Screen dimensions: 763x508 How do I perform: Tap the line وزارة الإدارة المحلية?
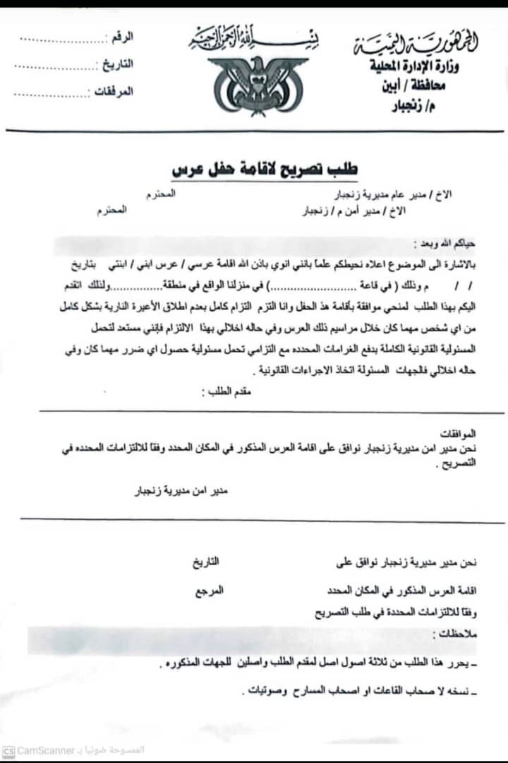point(423,66)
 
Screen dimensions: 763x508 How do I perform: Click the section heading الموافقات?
point(458,432)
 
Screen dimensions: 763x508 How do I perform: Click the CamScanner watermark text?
point(47,750)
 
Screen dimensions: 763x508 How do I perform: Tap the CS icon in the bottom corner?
point(8,750)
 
